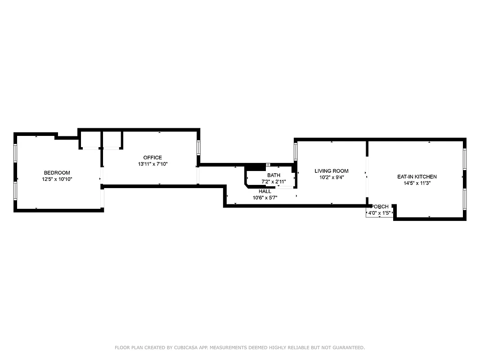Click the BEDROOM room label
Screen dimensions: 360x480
[57, 173]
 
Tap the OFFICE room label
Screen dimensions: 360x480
[153, 157]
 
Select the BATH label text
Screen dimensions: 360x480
[274, 175]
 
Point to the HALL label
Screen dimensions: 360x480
[265, 191]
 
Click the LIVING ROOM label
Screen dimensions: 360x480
[332, 171]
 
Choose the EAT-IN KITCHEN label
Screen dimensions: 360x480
[417, 177]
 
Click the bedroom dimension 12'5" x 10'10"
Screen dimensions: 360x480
[57, 179]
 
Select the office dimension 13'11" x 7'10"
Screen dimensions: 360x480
[153, 164]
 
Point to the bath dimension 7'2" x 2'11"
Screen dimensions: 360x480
[274, 182]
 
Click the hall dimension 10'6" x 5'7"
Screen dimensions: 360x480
[265, 198]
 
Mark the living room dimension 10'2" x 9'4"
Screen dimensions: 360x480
[332, 177]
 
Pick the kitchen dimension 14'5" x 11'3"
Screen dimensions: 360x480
[417, 183]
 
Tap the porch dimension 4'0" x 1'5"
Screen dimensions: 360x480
[379, 213]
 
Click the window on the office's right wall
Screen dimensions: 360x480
[198, 148]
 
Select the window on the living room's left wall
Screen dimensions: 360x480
[296, 152]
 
